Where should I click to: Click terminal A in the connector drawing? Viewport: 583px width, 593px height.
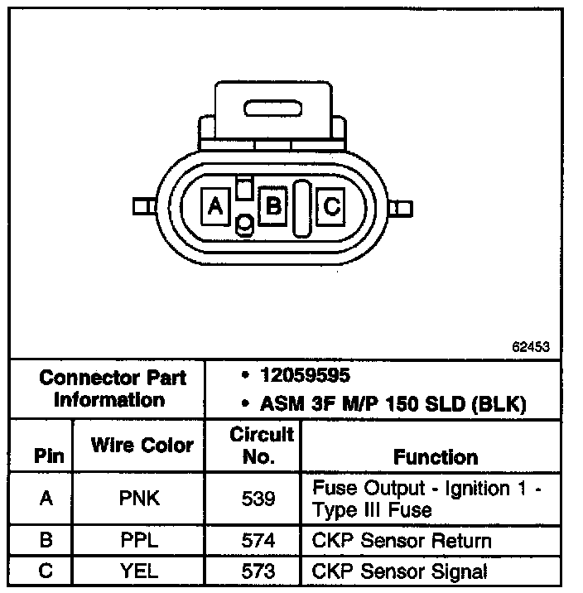tap(216, 205)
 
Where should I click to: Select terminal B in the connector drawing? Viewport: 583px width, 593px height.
tap(272, 205)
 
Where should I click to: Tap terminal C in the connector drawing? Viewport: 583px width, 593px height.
tap(331, 205)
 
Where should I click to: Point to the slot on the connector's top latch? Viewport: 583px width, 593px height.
tap(273, 108)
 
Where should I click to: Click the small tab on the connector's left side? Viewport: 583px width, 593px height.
tap(142, 205)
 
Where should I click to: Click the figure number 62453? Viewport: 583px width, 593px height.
tap(531, 348)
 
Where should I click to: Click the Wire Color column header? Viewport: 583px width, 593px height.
tap(142, 446)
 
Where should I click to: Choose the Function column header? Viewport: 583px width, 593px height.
tap(436, 456)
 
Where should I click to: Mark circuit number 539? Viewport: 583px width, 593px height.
tap(259, 499)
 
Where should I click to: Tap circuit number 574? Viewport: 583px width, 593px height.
tap(259, 542)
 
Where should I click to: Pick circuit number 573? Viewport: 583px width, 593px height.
tap(259, 571)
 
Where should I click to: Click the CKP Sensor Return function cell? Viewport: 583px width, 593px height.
tap(402, 542)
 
